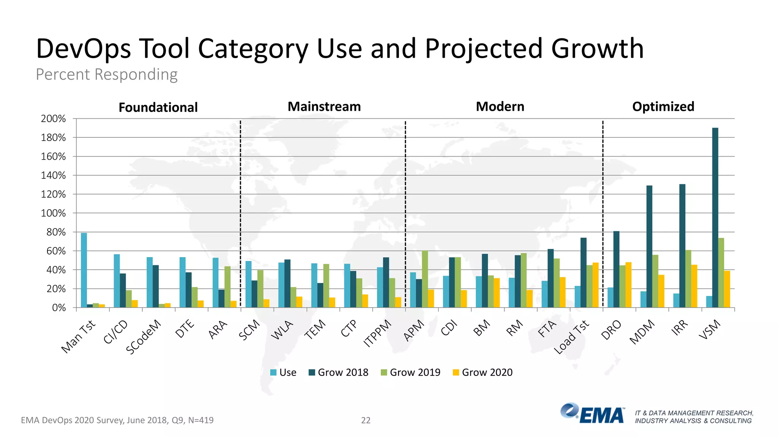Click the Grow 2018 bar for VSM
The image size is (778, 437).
click(x=715, y=218)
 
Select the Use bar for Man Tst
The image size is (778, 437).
click(x=84, y=270)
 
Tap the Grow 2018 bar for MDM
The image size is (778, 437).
click(x=649, y=247)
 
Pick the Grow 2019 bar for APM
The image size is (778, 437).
click(x=425, y=279)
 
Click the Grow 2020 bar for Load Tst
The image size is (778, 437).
click(x=595, y=285)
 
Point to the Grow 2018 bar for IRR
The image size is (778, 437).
click(x=682, y=246)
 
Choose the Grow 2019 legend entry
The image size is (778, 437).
click(x=411, y=373)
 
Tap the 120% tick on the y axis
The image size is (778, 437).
click(x=54, y=195)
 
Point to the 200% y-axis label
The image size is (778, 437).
click(x=54, y=119)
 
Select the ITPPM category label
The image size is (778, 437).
click(x=377, y=333)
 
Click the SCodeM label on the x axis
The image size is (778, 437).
click(x=143, y=337)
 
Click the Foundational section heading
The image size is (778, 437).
click(x=158, y=107)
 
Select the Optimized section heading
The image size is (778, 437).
click(x=663, y=107)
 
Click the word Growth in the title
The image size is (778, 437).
click(x=597, y=49)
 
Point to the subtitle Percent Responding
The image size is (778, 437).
click(x=107, y=74)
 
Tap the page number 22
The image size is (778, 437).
click(x=365, y=420)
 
